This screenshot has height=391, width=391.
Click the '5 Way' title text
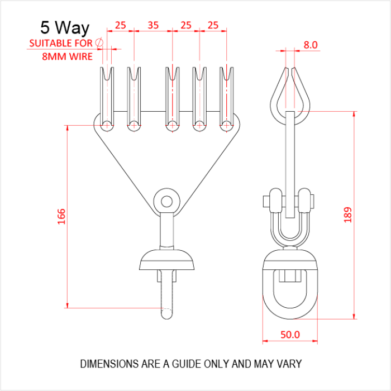(65, 27)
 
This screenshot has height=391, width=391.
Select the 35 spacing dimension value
(153, 25)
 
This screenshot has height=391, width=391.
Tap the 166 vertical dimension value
(61, 217)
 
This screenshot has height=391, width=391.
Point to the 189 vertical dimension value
(347, 214)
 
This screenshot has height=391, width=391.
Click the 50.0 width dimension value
(290, 335)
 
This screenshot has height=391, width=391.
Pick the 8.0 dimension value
(311, 45)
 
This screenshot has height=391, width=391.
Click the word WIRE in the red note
(81, 56)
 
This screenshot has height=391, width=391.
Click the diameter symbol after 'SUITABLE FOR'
(99, 42)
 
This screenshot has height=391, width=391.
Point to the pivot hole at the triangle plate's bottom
(166, 201)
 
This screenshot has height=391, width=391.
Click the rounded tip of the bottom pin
(166, 314)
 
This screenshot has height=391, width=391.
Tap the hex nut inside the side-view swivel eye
(290, 276)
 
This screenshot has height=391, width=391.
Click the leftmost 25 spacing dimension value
(120, 25)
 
